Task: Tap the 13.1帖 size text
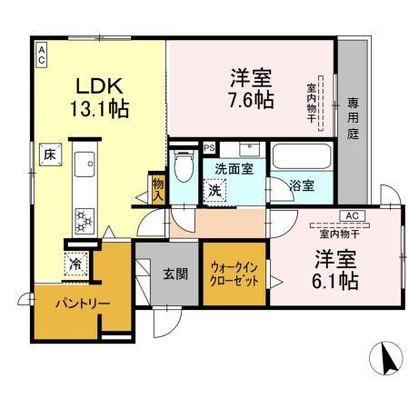click(100, 111)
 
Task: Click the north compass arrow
click(388, 359)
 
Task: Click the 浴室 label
click(303, 185)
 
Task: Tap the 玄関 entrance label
click(175, 272)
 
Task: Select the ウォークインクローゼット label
click(234, 274)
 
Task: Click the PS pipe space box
click(209, 147)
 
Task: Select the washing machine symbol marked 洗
click(214, 192)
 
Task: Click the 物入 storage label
click(157, 188)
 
